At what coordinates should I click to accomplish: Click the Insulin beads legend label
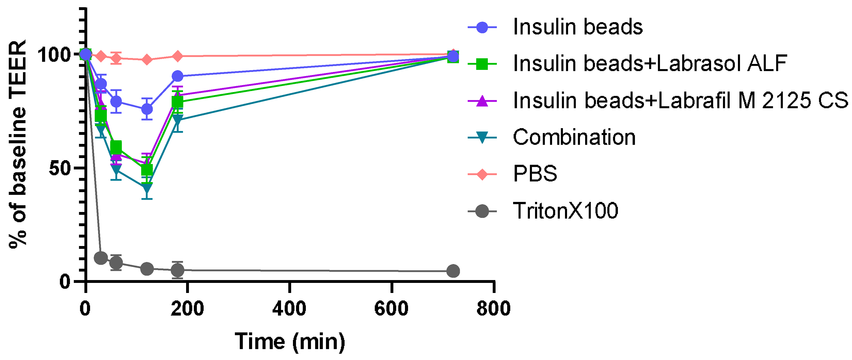(x=577, y=27)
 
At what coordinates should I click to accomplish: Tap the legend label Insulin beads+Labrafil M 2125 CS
(x=680, y=101)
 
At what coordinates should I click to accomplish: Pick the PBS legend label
(x=535, y=174)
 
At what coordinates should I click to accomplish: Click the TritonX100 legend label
(x=565, y=211)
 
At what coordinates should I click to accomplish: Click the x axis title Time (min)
(x=290, y=342)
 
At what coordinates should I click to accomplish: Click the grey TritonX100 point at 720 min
(x=453, y=271)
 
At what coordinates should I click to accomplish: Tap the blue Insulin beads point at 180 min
(x=178, y=76)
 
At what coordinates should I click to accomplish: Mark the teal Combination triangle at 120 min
(x=147, y=188)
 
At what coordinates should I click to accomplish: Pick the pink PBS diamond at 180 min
(x=178, y=56)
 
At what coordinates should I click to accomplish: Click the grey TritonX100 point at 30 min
(x=101, y=258)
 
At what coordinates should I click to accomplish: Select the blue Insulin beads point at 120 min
(x=147, y=109)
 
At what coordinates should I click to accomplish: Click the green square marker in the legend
(x=482, y=64)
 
